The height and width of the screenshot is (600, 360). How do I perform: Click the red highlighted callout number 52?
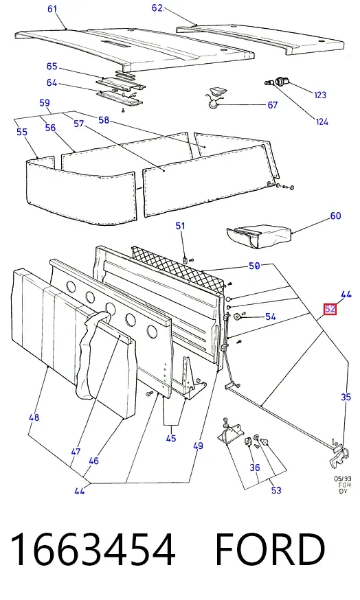pyautogui.click(x=330, y=309)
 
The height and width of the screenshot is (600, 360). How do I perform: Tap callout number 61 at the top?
pyautogui.click(x=52, y=9)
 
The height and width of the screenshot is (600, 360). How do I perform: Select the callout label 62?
pyautogui.click(x=157, y=8)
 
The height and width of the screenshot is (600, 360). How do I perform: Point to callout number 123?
pyautogui.click(x=320, y=95)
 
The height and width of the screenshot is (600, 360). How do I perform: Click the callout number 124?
pyautogui.click(x=322, y=122)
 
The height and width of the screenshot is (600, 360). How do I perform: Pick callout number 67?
pyautogui.click(x=272, y=104)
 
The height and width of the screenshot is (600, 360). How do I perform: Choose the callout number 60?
pyautogui.click(x=335, y=216)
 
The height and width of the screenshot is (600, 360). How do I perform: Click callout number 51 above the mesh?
pyautogui.click(x=181, y=226)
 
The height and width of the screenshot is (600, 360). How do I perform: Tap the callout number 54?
pyautogui.click(x=271, y=316)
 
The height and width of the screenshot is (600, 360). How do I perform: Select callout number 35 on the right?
pyautogui.click(x=346, y=397)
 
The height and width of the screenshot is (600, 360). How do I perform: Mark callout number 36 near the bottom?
pyautogui.click(x=255, y=468)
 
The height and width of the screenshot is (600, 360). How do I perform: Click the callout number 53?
pyautogui.click(x=276, y=490)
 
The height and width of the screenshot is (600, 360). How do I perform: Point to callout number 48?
pyautogui.click(x=34, y=417)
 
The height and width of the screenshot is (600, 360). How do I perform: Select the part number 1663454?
pyautogui.click(x=93, y=549)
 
